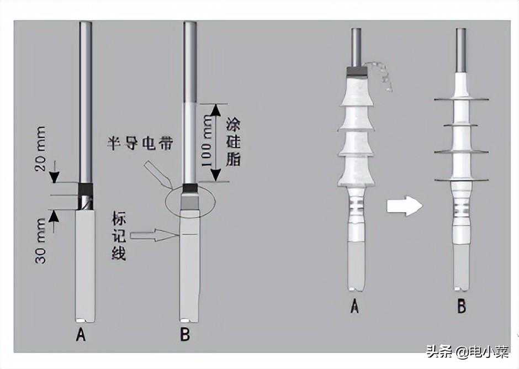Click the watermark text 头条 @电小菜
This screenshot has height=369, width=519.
click(x=467, y=351)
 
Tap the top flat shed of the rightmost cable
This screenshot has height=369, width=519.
click(x=461, y=99)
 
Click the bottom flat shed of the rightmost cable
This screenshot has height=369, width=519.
click(x=461, y=180)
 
